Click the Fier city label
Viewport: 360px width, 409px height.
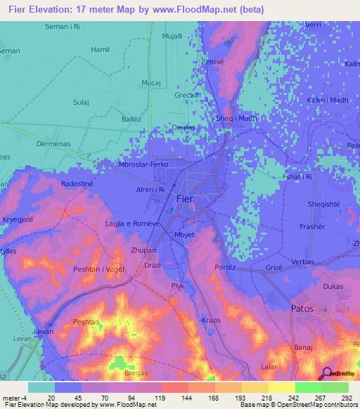click(x=185, y=200)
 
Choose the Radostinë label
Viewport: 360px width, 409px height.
click(x=77, y=183)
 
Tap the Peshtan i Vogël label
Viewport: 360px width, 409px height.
click(x=98, y=270)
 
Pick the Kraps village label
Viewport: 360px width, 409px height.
click(x=211, y=320)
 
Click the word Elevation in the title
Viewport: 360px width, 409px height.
click(x=51, y=10)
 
